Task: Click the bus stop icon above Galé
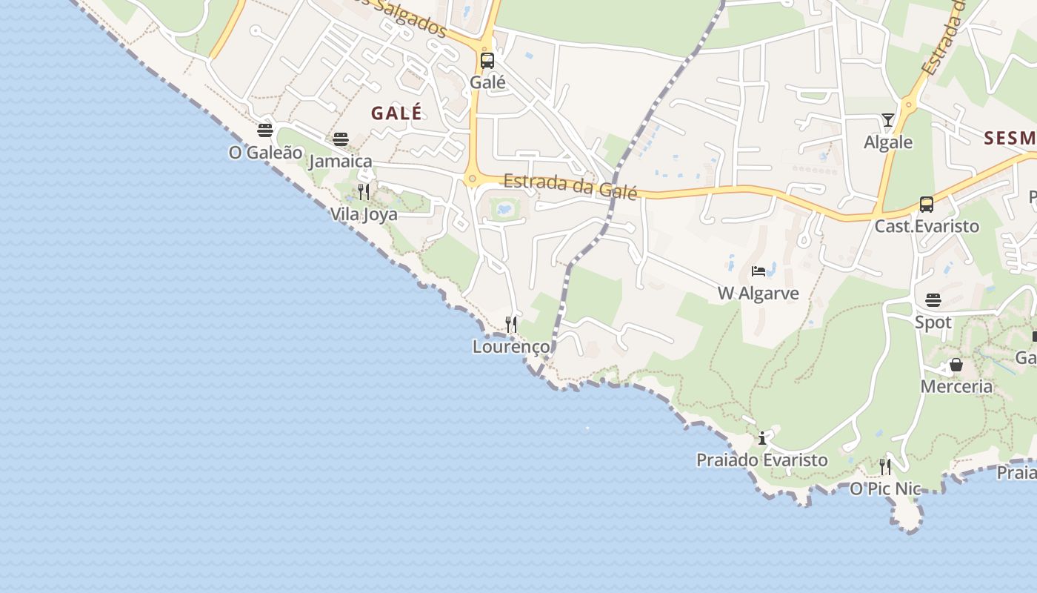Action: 487,61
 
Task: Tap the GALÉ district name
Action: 396,113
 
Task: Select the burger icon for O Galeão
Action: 265,130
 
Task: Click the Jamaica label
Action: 341,161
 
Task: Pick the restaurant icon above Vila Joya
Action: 364,192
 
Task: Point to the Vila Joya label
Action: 364,214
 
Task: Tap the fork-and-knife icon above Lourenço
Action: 511,324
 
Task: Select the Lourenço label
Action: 511,346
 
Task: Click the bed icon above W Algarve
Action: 758,271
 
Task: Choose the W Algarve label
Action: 758,293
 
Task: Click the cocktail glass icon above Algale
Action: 888,120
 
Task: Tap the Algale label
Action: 888,142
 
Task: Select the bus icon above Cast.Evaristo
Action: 927,205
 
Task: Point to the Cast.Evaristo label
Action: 927,226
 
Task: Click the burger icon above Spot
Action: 933,300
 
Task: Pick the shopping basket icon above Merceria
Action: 956,365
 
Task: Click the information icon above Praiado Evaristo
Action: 762,438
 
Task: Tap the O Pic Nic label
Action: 885,488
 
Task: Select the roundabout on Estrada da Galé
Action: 472,179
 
